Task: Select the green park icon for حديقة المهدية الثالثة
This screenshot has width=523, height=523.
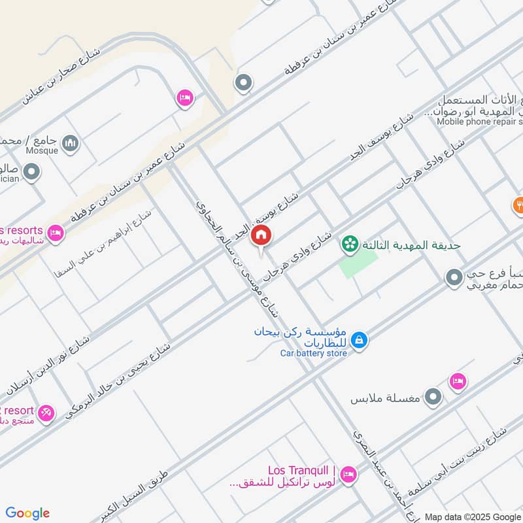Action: (350, 245)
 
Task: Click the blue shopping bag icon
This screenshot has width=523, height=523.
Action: (359, 340)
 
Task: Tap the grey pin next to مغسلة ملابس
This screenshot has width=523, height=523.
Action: (433, 397)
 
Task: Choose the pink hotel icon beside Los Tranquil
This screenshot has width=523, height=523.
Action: (348, 474)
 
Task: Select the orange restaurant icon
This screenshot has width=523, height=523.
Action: (518, 205)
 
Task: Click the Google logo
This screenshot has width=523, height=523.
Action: (28, 513)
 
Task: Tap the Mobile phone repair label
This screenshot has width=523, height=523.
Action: (479, 121)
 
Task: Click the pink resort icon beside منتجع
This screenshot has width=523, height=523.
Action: (45, 413)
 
